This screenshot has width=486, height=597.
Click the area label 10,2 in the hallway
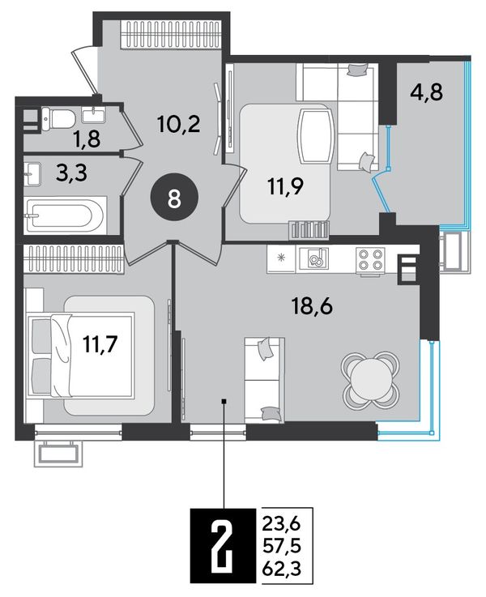point(178,123)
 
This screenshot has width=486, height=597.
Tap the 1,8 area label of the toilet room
point(87,139)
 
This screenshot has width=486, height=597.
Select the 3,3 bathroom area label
point(71,173)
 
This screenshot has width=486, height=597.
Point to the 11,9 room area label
point(285,186)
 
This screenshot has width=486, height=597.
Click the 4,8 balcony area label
point(427,92)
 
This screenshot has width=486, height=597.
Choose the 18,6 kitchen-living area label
point(312,305)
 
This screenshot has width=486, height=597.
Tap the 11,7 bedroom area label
point(100,344)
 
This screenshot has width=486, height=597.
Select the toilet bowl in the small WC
point(58,118)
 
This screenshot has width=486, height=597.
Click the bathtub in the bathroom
point(65,215)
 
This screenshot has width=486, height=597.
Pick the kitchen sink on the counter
point(313,259)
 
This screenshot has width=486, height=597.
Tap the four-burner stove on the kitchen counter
point(370,260)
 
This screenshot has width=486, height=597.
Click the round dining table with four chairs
point(371,379)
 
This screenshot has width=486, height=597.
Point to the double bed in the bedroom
point(80,356)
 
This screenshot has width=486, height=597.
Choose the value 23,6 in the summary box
point(282,524)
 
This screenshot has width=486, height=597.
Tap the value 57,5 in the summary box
point(282,546)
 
